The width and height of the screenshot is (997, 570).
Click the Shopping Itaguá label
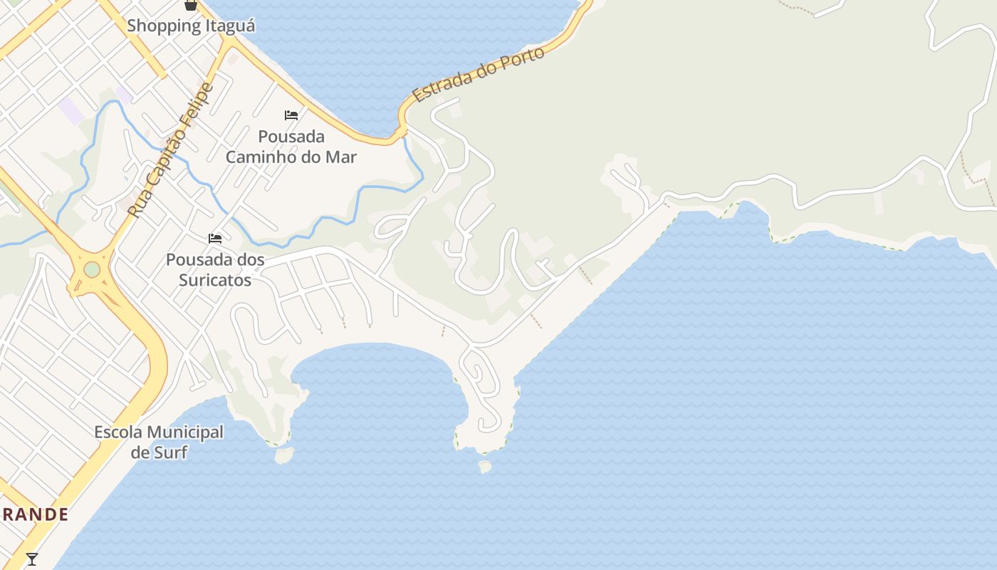click(191, 26)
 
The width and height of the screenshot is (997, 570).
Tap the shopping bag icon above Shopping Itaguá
click(191, 5)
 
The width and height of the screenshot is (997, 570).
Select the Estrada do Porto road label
click(479, 75)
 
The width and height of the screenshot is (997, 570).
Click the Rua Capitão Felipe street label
click(170, 150)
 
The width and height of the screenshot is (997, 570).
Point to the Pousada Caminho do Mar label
click(291, 147)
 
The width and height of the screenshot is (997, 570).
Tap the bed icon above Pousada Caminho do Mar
click(291, 115)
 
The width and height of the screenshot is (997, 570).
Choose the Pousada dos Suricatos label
click(215, 270)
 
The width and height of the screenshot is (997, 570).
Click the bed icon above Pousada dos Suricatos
click(215, 238)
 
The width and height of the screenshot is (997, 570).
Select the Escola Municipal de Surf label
click(159, 442)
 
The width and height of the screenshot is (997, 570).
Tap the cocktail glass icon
click(32, 559)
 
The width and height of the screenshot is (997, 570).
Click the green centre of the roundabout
click(92, 269)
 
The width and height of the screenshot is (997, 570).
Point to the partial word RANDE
click(34, 514)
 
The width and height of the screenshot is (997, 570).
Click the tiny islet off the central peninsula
click(485, 466)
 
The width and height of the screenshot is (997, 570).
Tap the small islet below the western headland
click(283, 455)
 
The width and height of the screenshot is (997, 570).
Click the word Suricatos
click(215, 280)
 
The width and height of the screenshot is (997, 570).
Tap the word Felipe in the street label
click(196, 107)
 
